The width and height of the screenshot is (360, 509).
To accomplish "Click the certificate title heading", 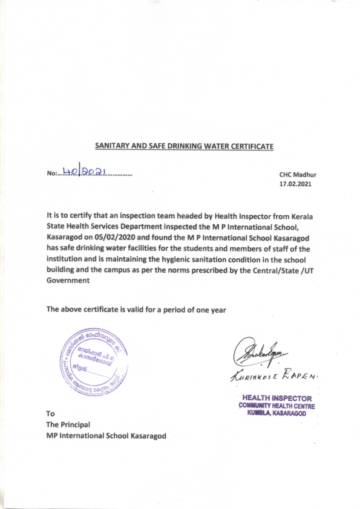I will [185, 146].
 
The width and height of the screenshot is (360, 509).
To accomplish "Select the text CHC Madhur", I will [298, 175].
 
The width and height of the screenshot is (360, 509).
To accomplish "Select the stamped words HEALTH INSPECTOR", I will [277, 398].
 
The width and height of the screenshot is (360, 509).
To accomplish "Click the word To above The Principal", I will [51, 414].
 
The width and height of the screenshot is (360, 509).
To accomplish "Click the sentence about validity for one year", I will [136, 310].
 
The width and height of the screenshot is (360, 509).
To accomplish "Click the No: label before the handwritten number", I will [51, 174].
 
